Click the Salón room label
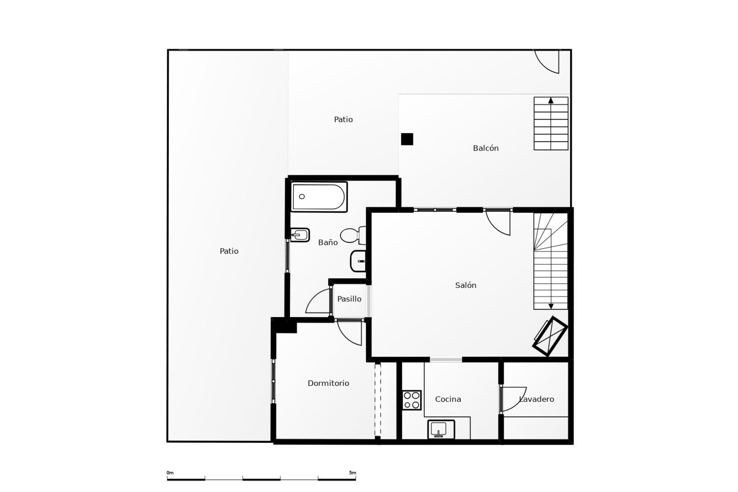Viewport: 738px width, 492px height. tap(465, 285)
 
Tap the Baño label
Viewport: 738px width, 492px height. tap(328, 243)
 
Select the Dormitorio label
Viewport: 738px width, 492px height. tap(328, 383)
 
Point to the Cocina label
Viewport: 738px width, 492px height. tap(448, 399)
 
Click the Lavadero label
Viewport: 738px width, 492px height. tap(537, 399)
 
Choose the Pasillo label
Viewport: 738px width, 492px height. tap(349, 299)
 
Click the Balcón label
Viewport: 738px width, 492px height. tap(485, 148)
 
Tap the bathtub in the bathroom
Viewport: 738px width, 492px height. tap(319, 197)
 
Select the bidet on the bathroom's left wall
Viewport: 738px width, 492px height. tap(300, 234)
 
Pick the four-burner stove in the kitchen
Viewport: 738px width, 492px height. tap(412, 400)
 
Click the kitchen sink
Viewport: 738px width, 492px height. tap(441, 429)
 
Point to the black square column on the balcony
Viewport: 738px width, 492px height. tap(407, 139)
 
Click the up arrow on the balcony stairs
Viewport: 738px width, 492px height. tap(551, 101)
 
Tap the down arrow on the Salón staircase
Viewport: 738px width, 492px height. tap(551, 306)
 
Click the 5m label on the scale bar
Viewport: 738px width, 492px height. tap(352, 473)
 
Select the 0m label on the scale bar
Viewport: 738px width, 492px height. tap(170, 473)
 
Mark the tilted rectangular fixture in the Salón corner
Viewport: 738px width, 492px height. tap(550, 336)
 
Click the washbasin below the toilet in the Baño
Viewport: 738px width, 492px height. tap(358, 261)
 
